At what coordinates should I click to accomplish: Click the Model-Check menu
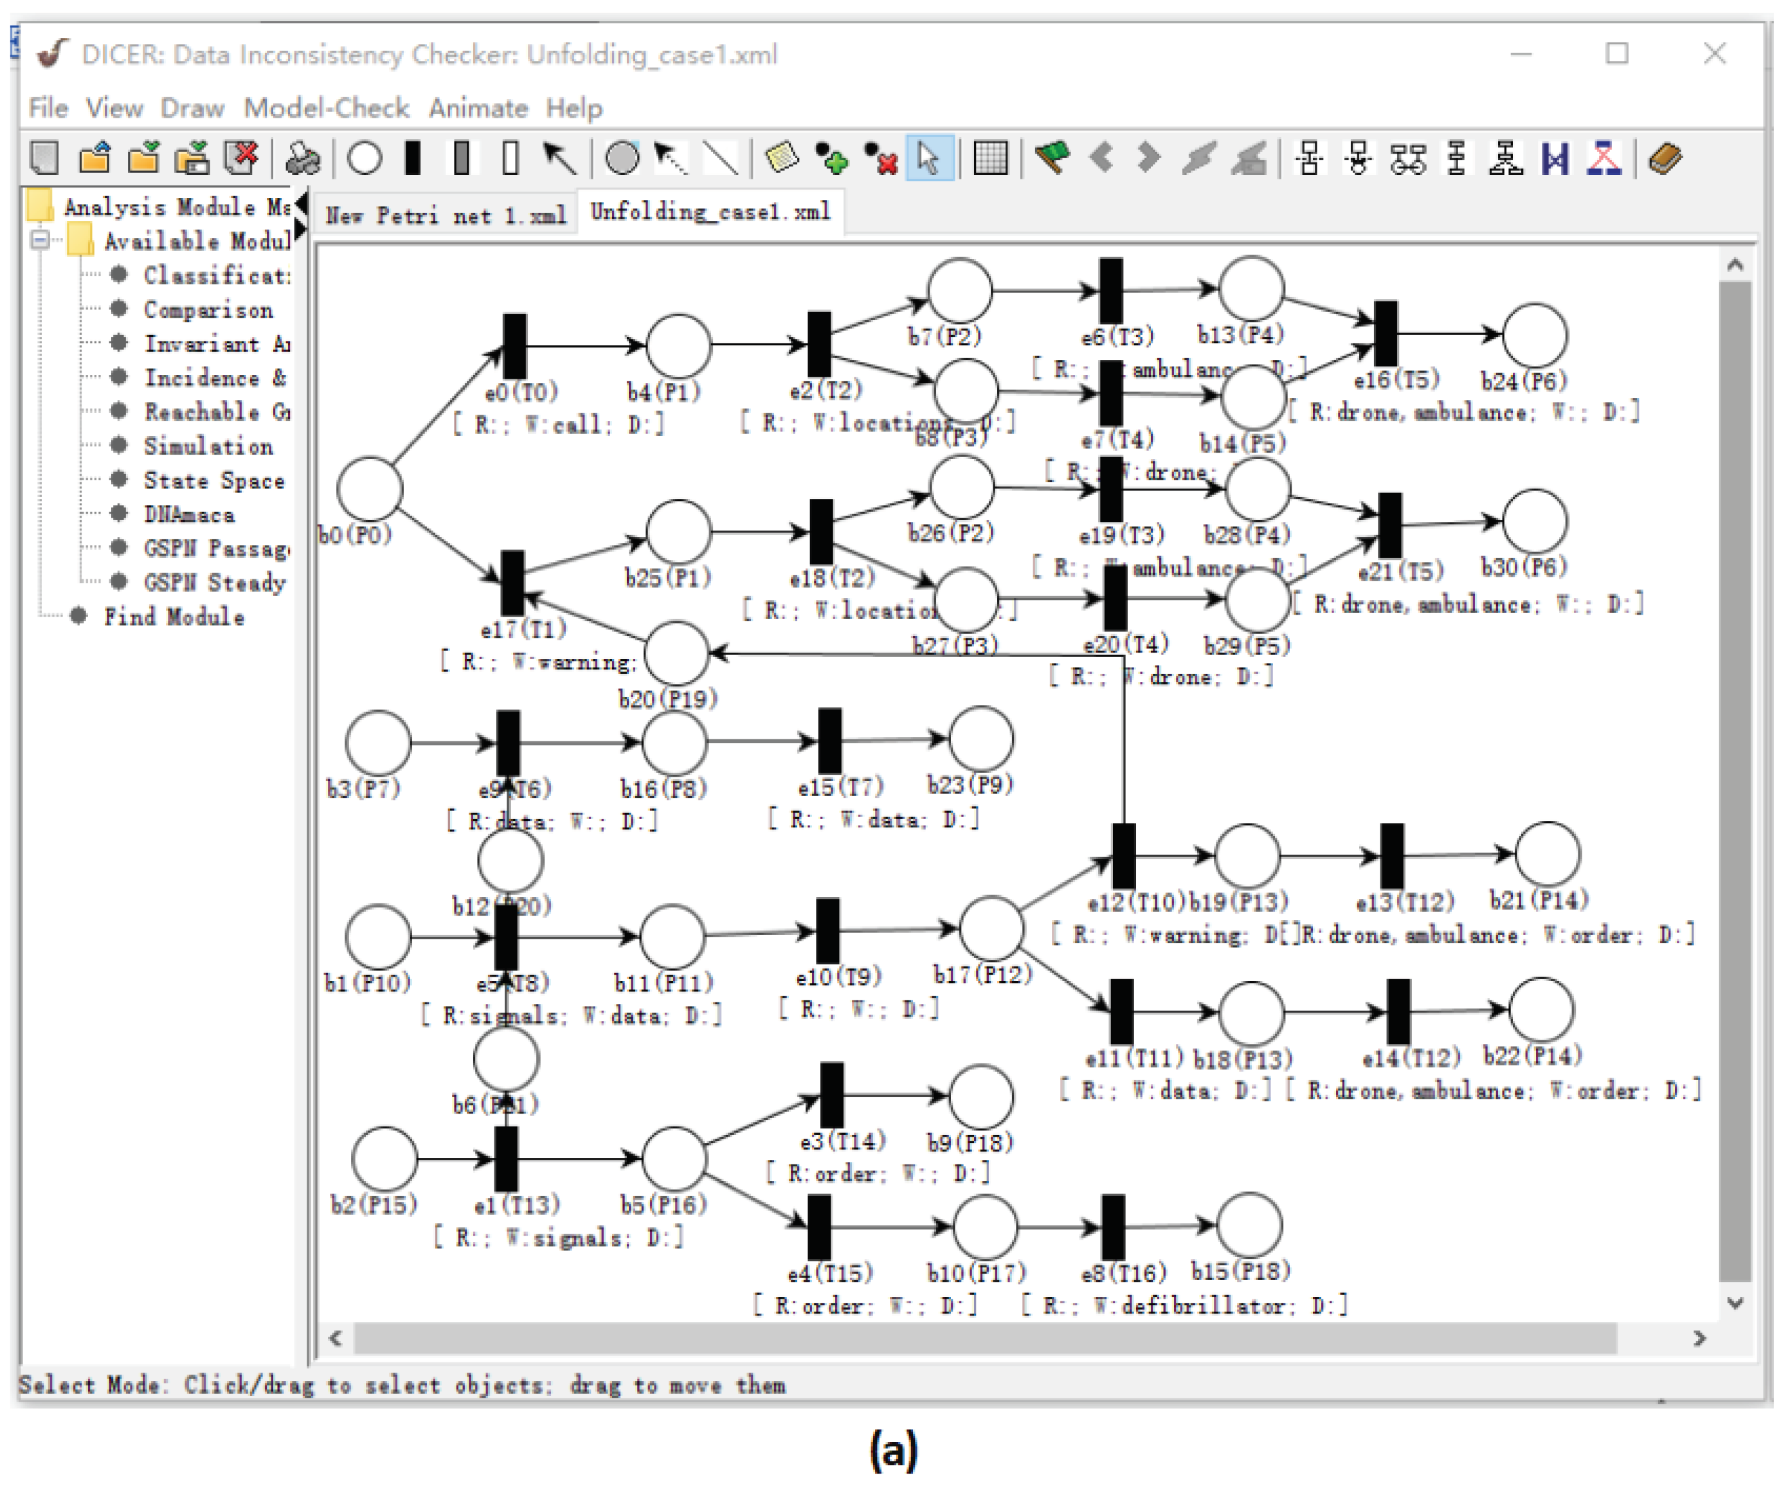click(326, 108)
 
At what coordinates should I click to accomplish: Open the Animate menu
click(478, 108)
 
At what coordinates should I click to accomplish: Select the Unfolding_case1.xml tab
click(709, 212)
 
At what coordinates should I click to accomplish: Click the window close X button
click(1714, 53)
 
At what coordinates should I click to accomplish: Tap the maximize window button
click(1617, 53)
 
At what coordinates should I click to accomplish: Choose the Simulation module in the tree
click(208, 446)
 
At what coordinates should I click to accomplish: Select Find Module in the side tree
click(174, 617)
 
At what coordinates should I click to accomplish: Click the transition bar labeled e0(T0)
click(514, 347)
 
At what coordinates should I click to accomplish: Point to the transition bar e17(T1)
click(512, 583)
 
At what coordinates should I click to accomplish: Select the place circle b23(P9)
click(981, 738)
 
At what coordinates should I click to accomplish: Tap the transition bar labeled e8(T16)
click(1113, 1227)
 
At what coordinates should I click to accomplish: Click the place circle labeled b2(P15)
click(384, 1159)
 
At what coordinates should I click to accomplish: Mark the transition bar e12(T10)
click(1124, 855)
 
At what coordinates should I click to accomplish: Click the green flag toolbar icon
click(1052, 158)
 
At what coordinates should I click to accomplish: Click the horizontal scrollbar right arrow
click(1699, 1338)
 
